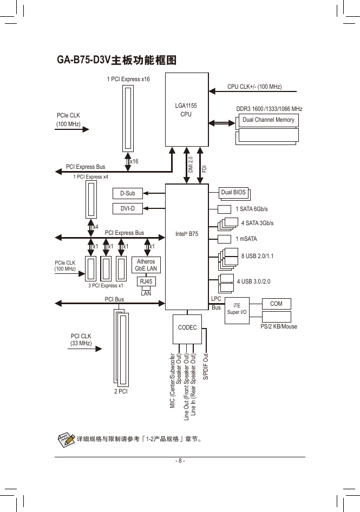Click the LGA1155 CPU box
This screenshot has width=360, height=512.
[x=187, y=110]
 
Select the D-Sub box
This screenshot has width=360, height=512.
[x=127, y=193]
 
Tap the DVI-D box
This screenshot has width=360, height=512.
[x=127, y=208]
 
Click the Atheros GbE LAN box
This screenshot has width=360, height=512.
[x=146, y=265]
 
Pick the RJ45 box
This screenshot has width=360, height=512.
[x=146, y=281]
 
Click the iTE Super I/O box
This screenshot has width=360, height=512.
[x=237, y=311]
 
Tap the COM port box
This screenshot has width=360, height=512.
[x=277, y=304]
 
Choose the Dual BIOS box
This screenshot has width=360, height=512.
[x=233, y=193]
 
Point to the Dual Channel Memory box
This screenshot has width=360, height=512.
[x=269, y=120]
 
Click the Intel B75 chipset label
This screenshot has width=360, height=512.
[x=187, y=234]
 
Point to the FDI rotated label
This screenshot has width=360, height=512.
[x=205, y=169]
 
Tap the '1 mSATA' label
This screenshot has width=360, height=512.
[x=246, y=239]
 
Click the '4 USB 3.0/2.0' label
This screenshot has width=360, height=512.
[x=253, y=281]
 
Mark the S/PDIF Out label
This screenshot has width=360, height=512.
[x=206, y=366]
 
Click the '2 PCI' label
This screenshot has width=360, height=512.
[x=121, y=391]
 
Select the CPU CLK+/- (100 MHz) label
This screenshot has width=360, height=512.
[x=254, y=87]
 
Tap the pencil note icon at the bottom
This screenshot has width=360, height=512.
[x=66, y=439]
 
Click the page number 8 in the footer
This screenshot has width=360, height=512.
[x=180, y=461]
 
